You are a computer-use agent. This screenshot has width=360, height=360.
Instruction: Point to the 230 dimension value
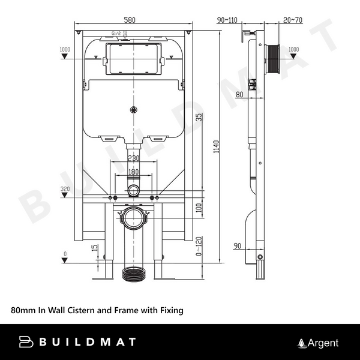coord(133,159)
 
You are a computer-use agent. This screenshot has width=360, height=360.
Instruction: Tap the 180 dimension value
coord(133,173)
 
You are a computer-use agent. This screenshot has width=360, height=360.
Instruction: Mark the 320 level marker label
coord(65,190)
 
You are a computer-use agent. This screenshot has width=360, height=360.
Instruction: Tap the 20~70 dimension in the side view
coord(292,20)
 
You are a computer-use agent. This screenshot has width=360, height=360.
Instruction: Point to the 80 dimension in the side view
coord(239,94)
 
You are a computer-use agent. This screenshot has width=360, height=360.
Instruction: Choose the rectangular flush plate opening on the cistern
coord(133,58)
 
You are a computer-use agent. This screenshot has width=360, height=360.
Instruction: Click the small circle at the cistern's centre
coord(133,109)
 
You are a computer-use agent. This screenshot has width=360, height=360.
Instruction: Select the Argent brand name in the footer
coord(323,343)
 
